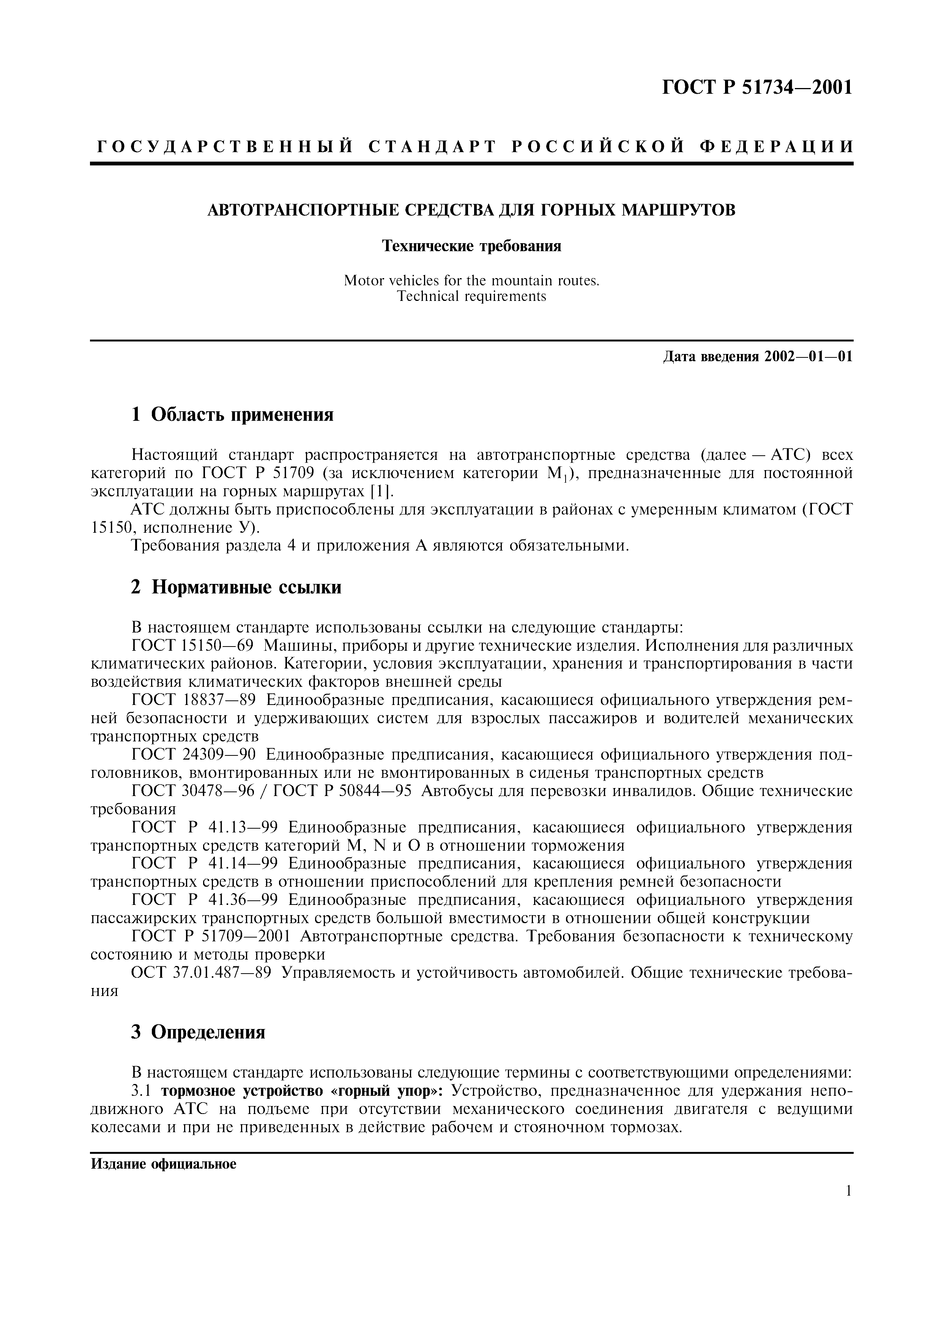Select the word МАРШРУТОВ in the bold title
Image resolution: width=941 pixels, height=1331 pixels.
[678, 210]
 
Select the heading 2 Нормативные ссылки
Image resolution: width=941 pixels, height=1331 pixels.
[236, 587]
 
